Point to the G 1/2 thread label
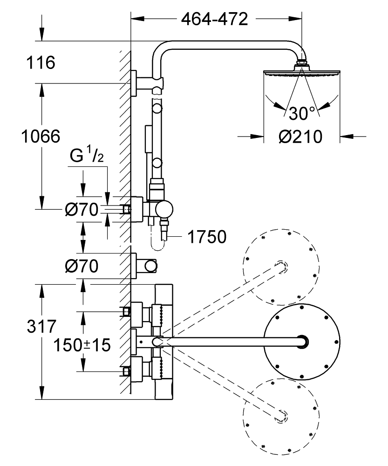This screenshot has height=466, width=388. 87,157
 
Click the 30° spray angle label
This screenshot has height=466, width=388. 301,113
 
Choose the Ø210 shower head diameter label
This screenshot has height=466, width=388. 301,137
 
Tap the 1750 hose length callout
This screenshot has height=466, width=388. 207,237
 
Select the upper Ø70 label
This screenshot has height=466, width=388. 82,211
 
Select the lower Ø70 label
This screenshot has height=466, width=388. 82,267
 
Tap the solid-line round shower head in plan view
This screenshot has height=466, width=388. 302,342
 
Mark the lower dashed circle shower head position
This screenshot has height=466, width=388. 281,414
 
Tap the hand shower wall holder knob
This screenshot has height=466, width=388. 150,266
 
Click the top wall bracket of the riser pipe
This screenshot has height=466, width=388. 135,84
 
